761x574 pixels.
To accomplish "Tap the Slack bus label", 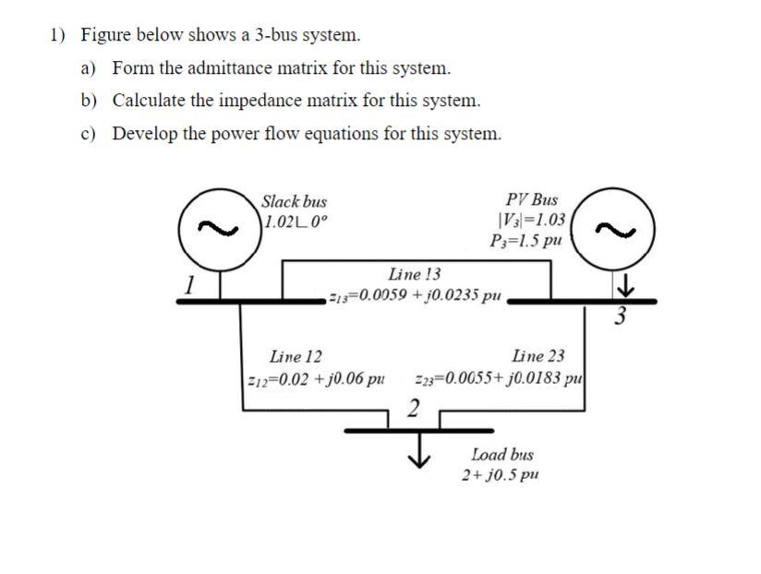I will click(294, 201).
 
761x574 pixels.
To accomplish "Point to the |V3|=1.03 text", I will click(531, 221).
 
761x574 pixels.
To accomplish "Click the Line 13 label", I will click(415, 274).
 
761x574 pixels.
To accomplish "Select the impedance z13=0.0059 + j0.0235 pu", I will click(415, 296).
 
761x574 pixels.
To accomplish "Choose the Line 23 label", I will click(538, 356).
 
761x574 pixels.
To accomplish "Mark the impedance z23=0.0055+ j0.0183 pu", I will click(500, 378).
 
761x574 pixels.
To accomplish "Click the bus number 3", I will click(620, 318).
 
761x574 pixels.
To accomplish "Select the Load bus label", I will click(501, 455).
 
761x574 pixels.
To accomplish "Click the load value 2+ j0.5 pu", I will click(501, 475).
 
